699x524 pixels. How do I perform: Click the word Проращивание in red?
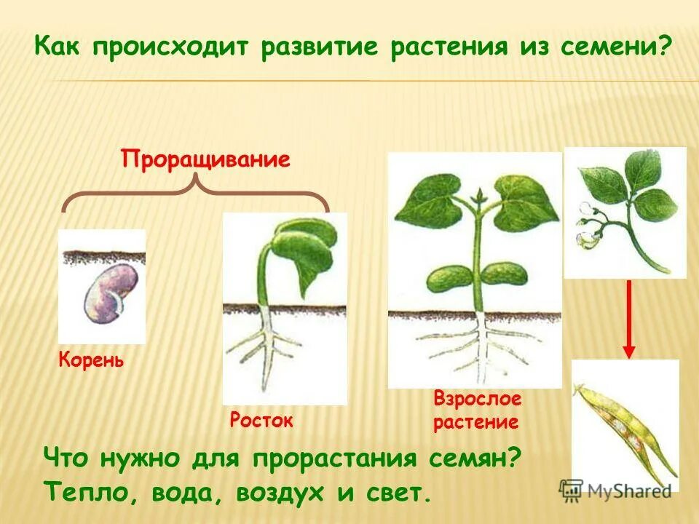click(x=205, y=159)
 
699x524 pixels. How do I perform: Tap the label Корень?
click(x=90, y=360)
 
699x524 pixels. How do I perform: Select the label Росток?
click(x=261, y=420)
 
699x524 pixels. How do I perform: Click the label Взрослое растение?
click(x=477, y=410)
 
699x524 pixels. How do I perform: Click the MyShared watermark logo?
click(x=615, y=490)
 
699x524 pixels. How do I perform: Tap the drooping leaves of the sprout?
click(x=309, y=251)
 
